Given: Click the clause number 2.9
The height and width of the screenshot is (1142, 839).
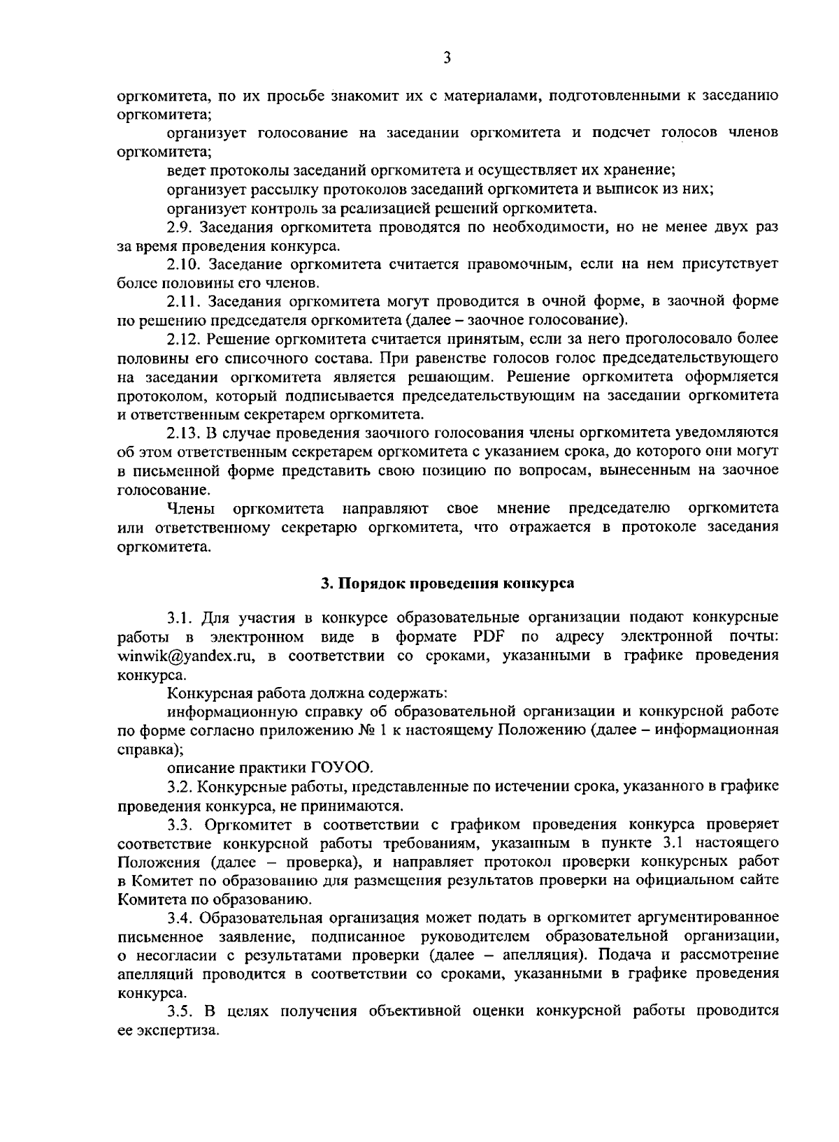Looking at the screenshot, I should pos(181,227).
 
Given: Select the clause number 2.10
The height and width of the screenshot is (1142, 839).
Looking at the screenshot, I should pos(185,265).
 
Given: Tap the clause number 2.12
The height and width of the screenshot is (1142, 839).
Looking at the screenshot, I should pos(185,340).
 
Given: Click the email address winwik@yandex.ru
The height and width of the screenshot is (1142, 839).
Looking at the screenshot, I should pos(185,657).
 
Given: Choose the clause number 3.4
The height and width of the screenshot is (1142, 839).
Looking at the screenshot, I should pos(181,918).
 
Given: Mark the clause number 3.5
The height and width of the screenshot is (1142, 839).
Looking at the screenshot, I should pos(181,1011).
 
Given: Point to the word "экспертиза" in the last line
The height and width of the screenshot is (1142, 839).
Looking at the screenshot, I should pos(174,1030).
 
